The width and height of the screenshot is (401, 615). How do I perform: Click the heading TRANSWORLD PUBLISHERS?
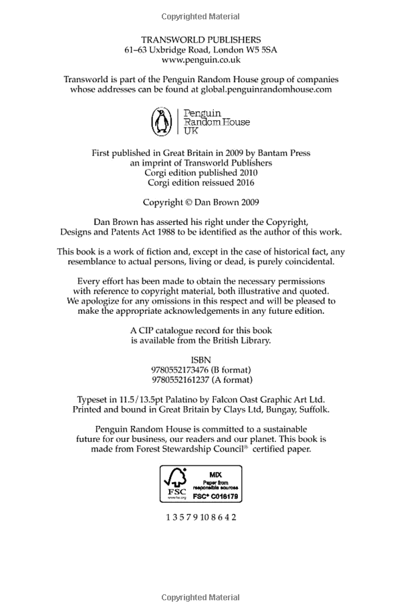click(200, 40)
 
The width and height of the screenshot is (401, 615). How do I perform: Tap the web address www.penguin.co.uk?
click(200, 59)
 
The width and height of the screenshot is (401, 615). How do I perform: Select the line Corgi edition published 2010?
click(200, 172)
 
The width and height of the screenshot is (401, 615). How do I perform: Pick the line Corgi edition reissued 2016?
click(200, 182)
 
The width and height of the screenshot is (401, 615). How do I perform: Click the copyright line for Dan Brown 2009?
click(200, 202)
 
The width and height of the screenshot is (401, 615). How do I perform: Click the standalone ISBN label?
click(200, 359)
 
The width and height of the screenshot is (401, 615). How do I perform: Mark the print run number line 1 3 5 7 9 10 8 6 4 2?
click(200, 517)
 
